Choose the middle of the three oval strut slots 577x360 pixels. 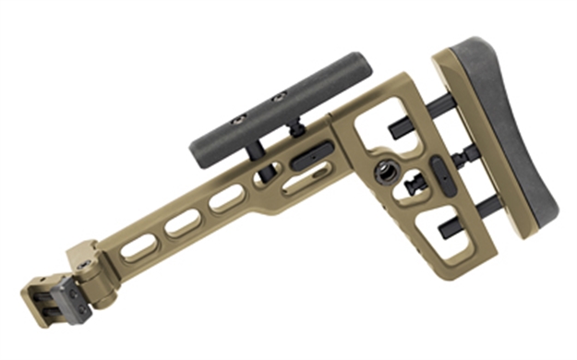[x=182, y=222]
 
